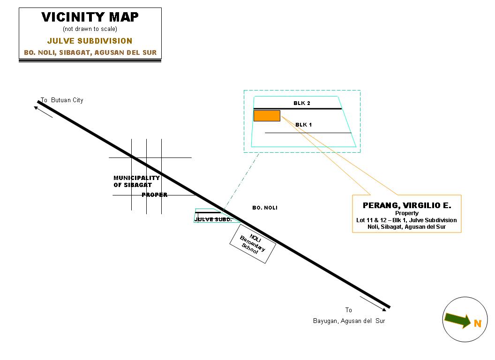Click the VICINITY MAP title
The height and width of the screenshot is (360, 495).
[90, 17]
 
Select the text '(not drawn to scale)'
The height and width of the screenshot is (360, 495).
[90, 29]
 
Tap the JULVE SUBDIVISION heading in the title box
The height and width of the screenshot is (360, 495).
[90, 41]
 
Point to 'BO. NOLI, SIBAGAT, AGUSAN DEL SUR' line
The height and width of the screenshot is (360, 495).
[90, 52]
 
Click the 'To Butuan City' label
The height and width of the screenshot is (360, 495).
[62, 100]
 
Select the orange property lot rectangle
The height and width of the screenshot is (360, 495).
[267, 116]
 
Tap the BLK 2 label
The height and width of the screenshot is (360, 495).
[302, 103]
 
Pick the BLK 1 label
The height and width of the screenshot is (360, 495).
[303, 125]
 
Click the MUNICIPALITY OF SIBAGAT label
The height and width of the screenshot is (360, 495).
[136, 181]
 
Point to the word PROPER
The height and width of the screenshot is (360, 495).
[155, 195]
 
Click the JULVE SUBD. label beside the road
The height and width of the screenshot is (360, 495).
[213, 219]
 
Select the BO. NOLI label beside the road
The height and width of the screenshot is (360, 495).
[264, 208]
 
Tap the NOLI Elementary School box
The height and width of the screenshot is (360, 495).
[252, 244]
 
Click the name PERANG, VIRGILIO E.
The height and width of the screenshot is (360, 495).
[406, 205]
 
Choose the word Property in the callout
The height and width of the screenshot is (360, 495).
[406, 213]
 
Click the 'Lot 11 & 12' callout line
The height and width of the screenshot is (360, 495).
[406, 220]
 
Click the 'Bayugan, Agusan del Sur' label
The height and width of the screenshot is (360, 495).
[349, 321]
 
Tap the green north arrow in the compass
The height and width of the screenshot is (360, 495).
[457, 320]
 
